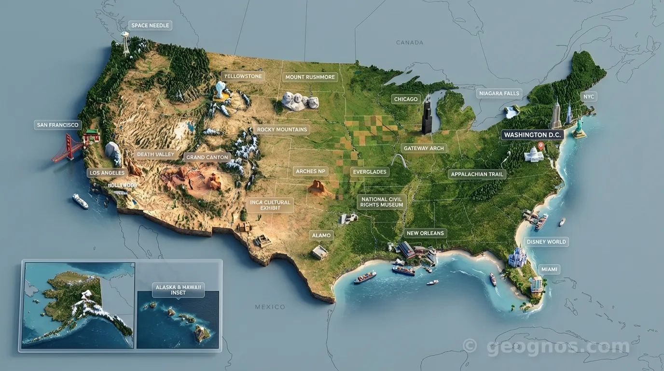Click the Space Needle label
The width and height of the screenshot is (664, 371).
pyautogui.click(x=150, y=26)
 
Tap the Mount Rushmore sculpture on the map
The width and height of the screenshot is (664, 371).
pyautogui.click(x=300, y=100)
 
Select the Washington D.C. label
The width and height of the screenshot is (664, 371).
pyautogui.click(x=532, y=135)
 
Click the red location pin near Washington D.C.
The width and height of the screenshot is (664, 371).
pyautogui.click(x=540, y=145)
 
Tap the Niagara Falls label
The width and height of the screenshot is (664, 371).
pyautogui.click(x=498, y=93)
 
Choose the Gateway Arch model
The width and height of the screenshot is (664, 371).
pyautogui.click(x=399, y=161)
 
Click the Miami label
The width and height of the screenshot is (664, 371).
pyautogui.click(x=549, y=269)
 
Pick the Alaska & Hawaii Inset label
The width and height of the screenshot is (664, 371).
pyautogui.click(x=178, y=290)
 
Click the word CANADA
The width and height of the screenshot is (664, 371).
pyautogui.click(x=409, y=43)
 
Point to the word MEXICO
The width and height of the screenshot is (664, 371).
pyautogui.click(x=270, y=307)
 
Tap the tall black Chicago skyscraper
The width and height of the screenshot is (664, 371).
pyautogui.click(x=427, y=116)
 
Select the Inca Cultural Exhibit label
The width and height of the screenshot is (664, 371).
pyautogui.click(x=270, y=205)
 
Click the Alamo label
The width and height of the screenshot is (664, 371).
pyautogui.click(x=321, y=235)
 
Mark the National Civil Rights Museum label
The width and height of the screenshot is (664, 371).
pyautogui.click(x=381, y=202)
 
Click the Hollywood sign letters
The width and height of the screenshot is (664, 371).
pyautogui.click(x=122, y=185)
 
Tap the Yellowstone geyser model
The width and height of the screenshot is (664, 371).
pyautogui.click(x=221, y=90)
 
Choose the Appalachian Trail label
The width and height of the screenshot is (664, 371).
pyautogui.click(x=477, y=174)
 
